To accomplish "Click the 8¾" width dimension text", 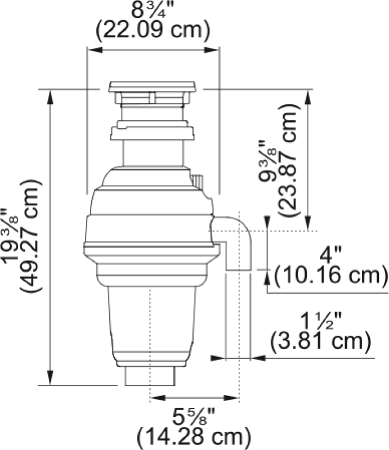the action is (x=153, y=10).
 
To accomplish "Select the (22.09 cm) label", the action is (x=153, y=30).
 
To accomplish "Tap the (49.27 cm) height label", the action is (x=30, y=236).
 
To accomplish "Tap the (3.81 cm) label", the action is (x=320, y=341).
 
